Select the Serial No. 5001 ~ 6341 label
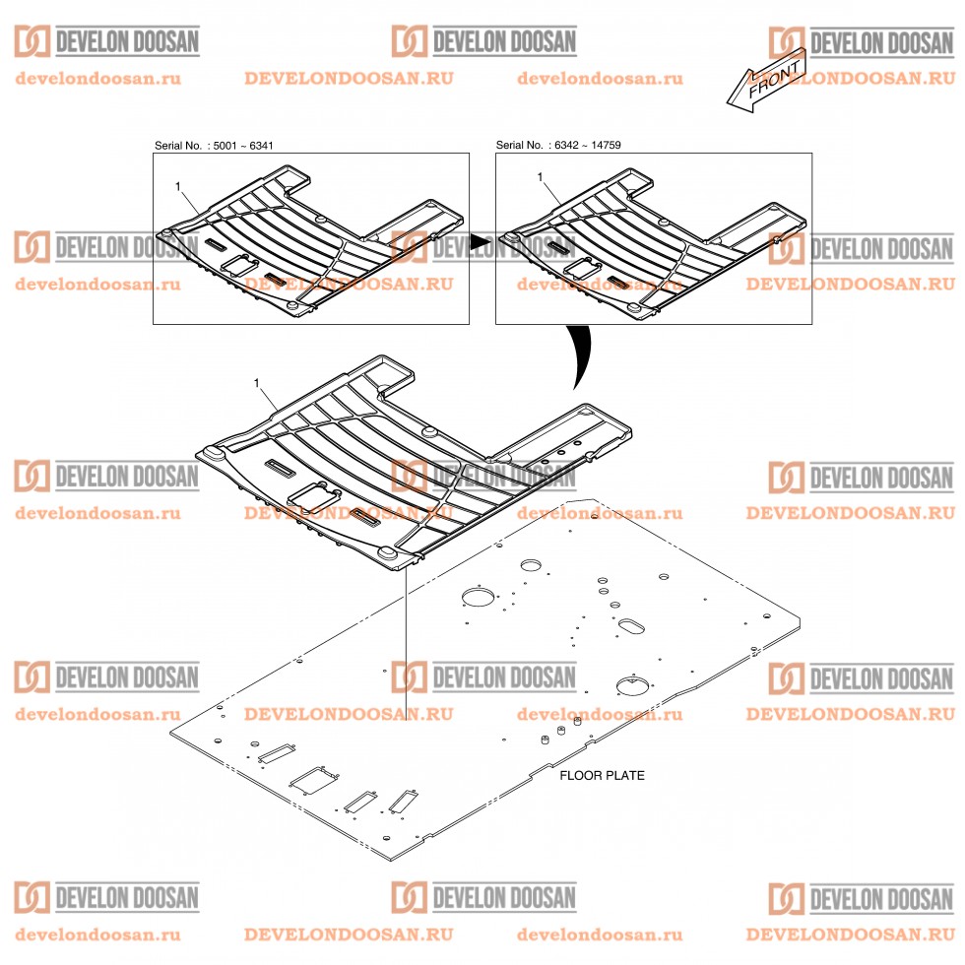[x=214, y=146]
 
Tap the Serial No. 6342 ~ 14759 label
[x=558, y=146]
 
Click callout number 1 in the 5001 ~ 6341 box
[x=177, y=185]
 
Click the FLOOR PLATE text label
[x=602, y=775]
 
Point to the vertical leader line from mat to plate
[x=406, y=640]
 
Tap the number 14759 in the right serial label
[x=604, y=146]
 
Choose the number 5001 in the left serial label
[x=226, y=146]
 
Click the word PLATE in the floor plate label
[x=625, y=775]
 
